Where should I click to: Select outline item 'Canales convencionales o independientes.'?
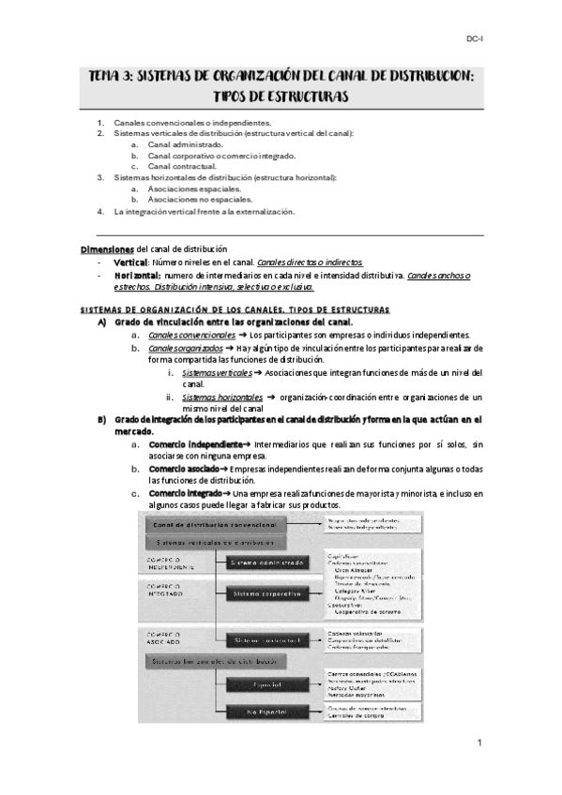click(192, 123)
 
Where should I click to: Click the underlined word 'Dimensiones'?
click(108, 247)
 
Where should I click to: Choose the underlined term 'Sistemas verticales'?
click(217, 372)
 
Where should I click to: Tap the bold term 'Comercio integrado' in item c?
click(188, 493)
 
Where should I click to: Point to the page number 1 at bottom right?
click(479, 743)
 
